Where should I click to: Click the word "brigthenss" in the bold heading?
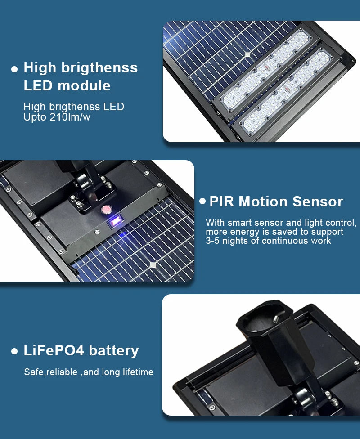pyautogui.click(x=99, y=68)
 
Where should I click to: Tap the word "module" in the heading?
pyautogui.click(x=84, y=85)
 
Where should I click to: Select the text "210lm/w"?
pyautogui.click(x=70, y=117)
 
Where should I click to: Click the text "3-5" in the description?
pyautogui.click(x=213, y=241)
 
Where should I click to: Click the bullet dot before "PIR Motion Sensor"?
pyautogui.click(x=202, y=202)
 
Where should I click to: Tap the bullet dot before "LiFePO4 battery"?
pyautogui.click(x=14, y=351)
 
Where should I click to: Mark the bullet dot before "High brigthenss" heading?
pyautogui.click(x=14, y=69)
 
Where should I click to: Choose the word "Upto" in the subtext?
pyautogui.click(x=35, y=117)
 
